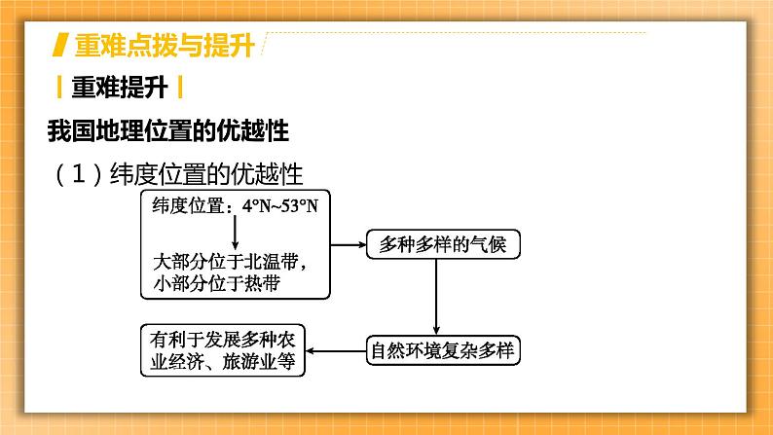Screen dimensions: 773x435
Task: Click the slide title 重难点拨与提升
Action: (x=165, y=46)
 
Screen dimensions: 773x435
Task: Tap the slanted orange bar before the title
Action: (x=60, y=45)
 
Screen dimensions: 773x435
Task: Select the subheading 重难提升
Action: (x=120, y=88)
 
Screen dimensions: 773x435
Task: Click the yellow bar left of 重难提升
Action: (x=59, y=88)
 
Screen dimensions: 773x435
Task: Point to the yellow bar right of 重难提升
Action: (x=180, y=88)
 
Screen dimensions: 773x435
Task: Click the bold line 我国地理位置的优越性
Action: (x=168, y=131)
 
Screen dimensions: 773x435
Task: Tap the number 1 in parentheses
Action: (x=79, y=174)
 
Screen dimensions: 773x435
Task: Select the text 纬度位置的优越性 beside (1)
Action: (x=206, y=174)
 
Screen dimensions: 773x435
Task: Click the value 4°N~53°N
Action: (x=280, y=206)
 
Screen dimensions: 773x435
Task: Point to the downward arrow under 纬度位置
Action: (x=236, y=233)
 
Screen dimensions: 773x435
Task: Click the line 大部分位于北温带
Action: (x=230, y=262)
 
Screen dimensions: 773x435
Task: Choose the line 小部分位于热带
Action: (x=217, y=283)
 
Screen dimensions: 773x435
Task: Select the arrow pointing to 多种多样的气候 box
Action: (x=349, y=244)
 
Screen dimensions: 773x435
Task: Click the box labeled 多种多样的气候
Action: (x=443, y=244)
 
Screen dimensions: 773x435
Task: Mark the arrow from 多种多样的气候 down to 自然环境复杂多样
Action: (x=436, y=297)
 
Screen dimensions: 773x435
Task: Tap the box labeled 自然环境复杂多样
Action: (x=443, y=350)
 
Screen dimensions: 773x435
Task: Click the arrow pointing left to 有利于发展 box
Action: (x=336, y=350)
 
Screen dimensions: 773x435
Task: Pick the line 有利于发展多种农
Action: (x=223, y=340)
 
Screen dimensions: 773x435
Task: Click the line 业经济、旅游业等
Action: (x=223, y=362)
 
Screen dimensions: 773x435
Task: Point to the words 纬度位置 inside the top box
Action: (x=188, y=206)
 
